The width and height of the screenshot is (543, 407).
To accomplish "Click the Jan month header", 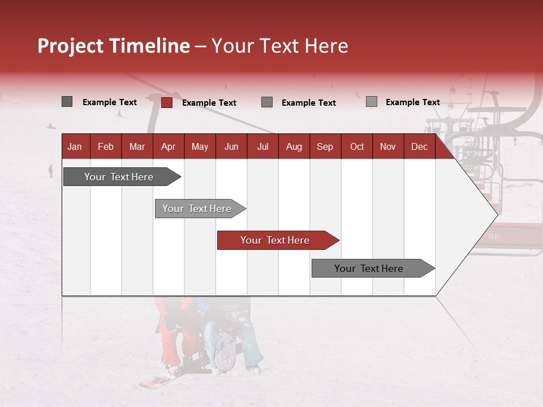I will click(x=75, y=146).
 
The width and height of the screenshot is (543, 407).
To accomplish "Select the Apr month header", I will click(x=168, y=146).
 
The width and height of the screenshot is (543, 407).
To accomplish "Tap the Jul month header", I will click(x=262, y=146).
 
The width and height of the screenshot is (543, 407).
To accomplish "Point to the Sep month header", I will click(x=325, y=146).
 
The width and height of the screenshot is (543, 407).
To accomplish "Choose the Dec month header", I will click(x=419, y=146).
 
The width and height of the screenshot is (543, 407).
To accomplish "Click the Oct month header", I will click(x=357, y=146).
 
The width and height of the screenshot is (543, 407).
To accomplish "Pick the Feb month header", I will click(x=106, y=146).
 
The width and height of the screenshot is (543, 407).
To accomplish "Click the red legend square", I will click(x=167, y=102).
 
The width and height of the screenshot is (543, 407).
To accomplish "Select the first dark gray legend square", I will click(x=67, y=102).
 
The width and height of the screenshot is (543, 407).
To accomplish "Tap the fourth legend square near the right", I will click(x=372, y=102).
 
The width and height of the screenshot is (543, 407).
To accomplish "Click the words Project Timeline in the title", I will click(x=113, y=46).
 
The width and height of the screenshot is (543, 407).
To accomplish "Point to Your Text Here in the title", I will click(x=279, y=46).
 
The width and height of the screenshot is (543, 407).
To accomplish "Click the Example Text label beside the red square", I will click(x=209, y=103).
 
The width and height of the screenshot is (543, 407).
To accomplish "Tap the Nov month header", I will click(x=388, y=146).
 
